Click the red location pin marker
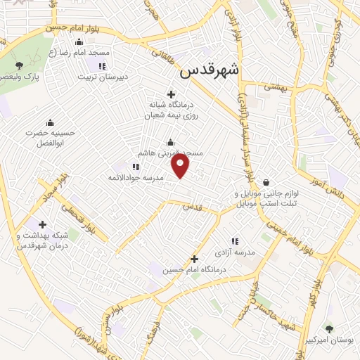[181, 167]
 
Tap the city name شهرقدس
[210, 70]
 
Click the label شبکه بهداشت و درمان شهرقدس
[42, 240]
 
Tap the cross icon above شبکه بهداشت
[43, 225]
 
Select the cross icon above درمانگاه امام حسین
[195, 259]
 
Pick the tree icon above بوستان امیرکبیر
[328, 328]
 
